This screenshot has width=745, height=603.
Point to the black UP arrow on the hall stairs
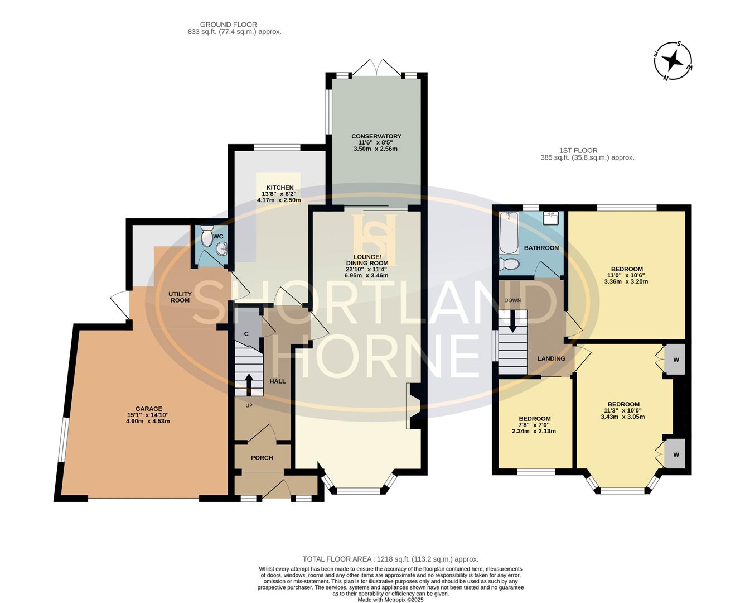point(249,385)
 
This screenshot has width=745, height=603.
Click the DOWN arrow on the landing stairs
point(512,321)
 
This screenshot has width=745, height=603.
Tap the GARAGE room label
point(149,408)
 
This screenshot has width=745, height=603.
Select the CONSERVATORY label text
point(376,136)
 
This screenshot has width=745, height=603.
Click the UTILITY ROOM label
point(180,297)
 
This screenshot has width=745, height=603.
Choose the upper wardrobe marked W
point(676,360)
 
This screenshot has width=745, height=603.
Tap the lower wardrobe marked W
point(676,454)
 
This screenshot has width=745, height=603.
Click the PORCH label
point(262,458)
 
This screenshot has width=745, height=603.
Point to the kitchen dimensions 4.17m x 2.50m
point(279,200)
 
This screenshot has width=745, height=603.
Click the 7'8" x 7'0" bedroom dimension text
point(534,425)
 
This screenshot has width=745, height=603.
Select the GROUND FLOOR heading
point(229,25)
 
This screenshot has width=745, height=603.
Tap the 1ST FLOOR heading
point(578,150)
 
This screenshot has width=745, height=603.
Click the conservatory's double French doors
point(376,67)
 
